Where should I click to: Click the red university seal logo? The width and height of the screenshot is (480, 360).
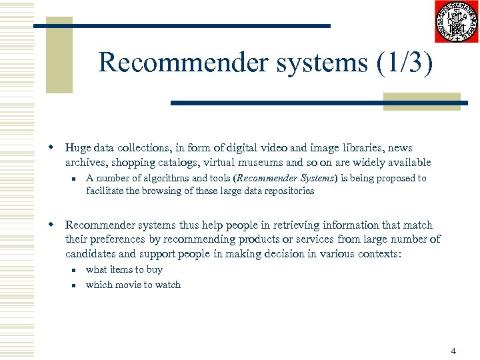click(456, 22)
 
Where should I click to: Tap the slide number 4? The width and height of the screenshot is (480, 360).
click(453, 351)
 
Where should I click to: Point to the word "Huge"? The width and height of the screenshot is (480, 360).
click(79, 148)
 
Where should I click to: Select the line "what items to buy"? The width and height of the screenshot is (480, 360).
click(124, 269)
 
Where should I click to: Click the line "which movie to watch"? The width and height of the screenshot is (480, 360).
click(133, 285)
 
